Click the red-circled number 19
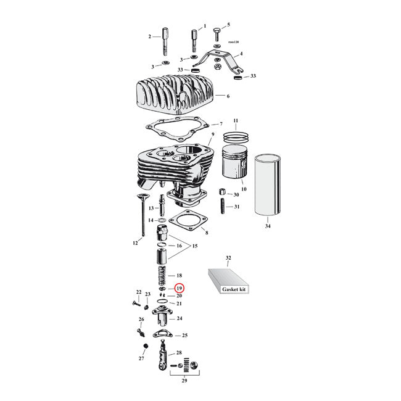pyautogui.click(x=179, y=288)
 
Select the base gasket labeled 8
pyautogui.click(x=188, y=223)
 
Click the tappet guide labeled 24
pyautogui.click(x=163, y=319)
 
